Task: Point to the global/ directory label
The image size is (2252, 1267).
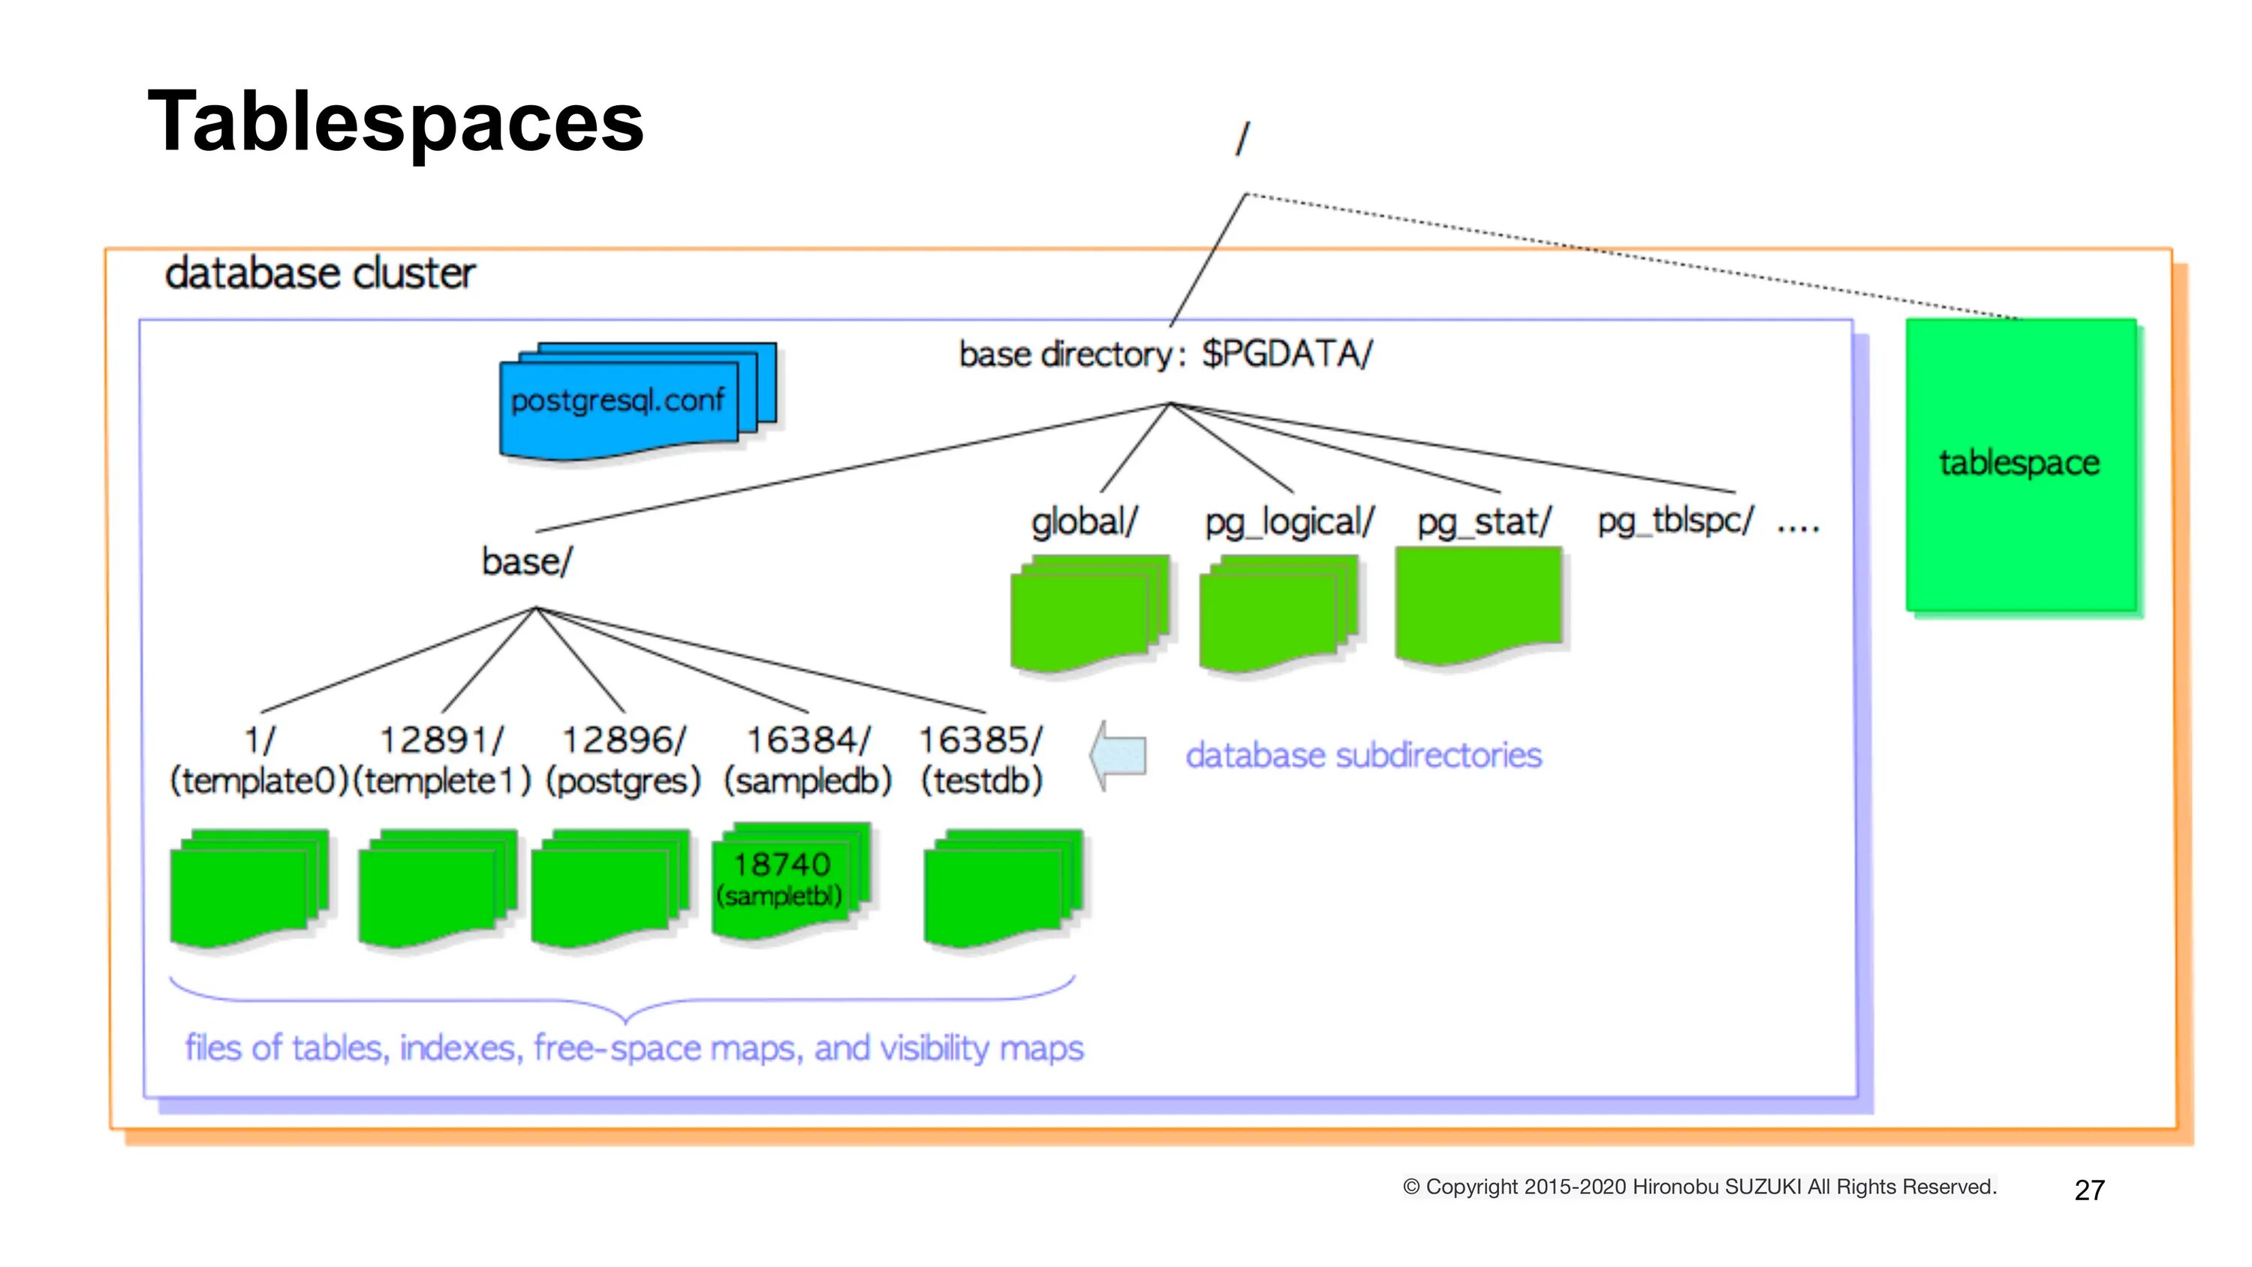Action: coord(1084,521)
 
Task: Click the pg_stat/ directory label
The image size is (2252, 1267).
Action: coord(1484,522)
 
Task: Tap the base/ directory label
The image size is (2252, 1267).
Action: coord(526,561)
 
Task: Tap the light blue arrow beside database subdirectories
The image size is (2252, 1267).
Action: coord(1118,756)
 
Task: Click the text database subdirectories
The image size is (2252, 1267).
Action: coord(1364,756)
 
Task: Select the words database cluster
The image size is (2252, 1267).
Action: coord(320,273)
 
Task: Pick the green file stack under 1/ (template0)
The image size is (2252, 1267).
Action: coord(249,888)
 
